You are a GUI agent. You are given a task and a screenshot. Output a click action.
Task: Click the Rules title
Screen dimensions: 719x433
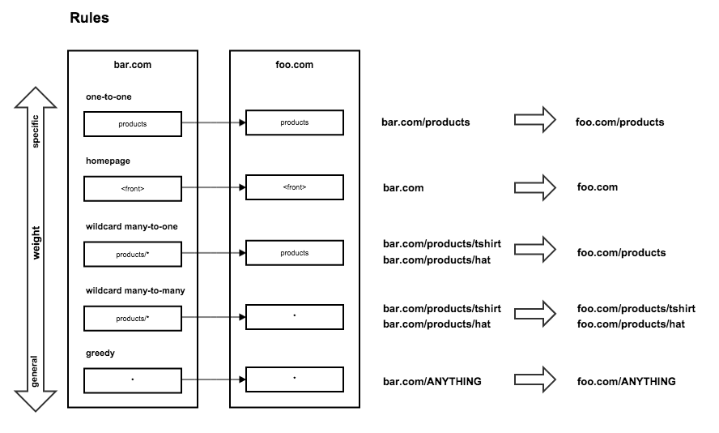tap(89, 18)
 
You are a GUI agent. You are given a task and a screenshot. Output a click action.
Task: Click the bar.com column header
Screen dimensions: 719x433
tap(133, 65)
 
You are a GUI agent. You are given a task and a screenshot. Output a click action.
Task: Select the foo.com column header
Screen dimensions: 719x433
tap(295, 65)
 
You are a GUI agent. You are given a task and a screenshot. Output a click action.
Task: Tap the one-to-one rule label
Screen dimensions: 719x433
tap(108, 96)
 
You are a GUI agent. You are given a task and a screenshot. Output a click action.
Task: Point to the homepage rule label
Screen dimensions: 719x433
tap(108, 161)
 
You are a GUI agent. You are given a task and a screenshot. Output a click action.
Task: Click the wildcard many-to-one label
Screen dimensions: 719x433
tap(132, 226)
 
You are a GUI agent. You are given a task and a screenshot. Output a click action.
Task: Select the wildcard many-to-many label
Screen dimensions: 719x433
tap(135, 290)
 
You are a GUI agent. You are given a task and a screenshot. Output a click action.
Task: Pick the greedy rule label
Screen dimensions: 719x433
tap(100, 353)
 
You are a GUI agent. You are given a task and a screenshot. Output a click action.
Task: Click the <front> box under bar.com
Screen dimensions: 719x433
tap(133, 189)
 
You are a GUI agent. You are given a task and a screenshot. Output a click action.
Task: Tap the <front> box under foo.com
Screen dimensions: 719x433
tap(295, 187)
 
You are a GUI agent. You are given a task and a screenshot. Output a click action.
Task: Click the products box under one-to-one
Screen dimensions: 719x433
tap(133, 124)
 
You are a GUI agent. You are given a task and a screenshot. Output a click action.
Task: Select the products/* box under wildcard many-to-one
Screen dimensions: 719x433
tap(133, 255)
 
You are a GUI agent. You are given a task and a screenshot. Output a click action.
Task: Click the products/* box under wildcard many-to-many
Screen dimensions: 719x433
tap(133, 319)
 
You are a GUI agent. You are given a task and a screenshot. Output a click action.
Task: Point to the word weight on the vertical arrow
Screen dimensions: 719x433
tap(36, 242)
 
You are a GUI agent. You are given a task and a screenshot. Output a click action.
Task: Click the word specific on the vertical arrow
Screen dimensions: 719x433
tap(36, 131)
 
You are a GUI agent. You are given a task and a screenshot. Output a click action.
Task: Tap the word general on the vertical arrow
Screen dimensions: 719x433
tap(35, 371)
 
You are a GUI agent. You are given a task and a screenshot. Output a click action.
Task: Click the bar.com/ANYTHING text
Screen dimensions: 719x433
tap(432, 382)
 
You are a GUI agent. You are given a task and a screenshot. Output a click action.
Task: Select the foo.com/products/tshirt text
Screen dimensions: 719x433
tap(636, 309)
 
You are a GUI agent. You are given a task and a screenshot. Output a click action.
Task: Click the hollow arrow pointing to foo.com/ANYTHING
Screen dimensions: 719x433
tap(535, 379)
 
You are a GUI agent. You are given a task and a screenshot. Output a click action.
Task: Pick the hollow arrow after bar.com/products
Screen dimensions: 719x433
tap(535, 120)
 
